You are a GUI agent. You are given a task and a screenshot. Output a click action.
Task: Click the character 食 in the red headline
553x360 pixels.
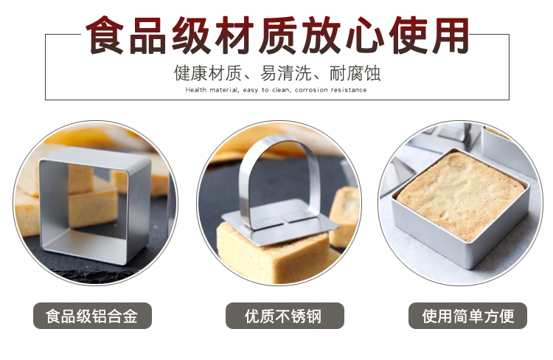click(x=105, y=35)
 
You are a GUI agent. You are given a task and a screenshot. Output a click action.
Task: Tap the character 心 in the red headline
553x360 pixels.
click(x=365, y=35)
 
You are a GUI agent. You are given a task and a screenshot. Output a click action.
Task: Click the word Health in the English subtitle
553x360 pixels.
click(x=195, y=90)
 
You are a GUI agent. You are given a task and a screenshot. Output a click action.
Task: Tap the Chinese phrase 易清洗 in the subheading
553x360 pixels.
click(x=285, y=73)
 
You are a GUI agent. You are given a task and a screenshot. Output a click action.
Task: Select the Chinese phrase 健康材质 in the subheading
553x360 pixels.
click(x=208, y=73)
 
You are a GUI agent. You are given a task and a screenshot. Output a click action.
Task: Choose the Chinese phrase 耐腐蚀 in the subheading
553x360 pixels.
click(x=355, y=73)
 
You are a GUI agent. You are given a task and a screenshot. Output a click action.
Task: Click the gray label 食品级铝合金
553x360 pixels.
click(x=92, y=316)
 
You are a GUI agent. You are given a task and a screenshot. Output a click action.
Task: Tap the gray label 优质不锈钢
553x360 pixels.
click(x=285, y=316)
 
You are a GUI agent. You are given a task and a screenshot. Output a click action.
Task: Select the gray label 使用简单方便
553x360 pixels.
click(x=467, y=316)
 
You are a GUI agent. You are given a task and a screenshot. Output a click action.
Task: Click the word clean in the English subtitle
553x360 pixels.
click(x=281, y=90)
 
